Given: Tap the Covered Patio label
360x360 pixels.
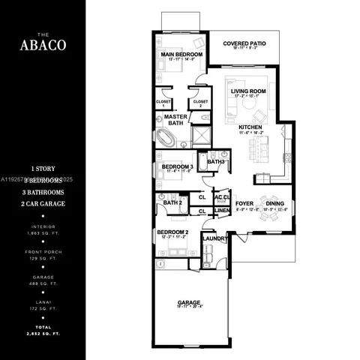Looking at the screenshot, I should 246,43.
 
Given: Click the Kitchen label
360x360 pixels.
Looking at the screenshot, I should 250,127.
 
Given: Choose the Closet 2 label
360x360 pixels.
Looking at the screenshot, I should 200,103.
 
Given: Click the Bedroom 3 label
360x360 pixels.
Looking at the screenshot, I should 178,166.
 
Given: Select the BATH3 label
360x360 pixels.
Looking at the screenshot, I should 216,162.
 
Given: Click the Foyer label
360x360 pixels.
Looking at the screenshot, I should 244,203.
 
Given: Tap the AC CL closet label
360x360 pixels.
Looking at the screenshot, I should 221,197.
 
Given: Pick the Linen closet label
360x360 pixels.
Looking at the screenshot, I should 221,211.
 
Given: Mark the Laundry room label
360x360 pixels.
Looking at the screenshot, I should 214,238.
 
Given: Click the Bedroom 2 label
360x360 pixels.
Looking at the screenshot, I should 172,233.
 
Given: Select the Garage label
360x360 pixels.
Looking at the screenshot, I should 189,303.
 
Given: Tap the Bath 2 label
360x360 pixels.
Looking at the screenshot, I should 172,202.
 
